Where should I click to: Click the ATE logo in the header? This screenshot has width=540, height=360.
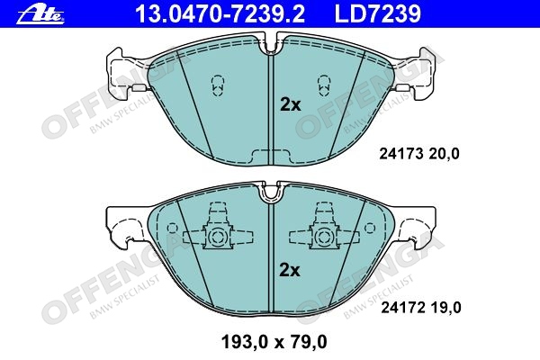pos(40,15)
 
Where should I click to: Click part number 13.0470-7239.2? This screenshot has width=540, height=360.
pos(220,14)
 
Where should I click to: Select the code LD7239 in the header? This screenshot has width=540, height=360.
pos(378,14)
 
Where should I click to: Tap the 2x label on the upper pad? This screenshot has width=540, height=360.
pos(291,104)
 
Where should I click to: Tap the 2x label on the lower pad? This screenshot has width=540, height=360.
pos(290,270)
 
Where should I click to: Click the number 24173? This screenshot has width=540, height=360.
pos(400,154)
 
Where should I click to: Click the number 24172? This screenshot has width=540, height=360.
pos(402,307)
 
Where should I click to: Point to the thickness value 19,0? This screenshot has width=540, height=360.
pos(445,307)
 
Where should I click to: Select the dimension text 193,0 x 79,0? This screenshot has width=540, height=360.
pos(274,342)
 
